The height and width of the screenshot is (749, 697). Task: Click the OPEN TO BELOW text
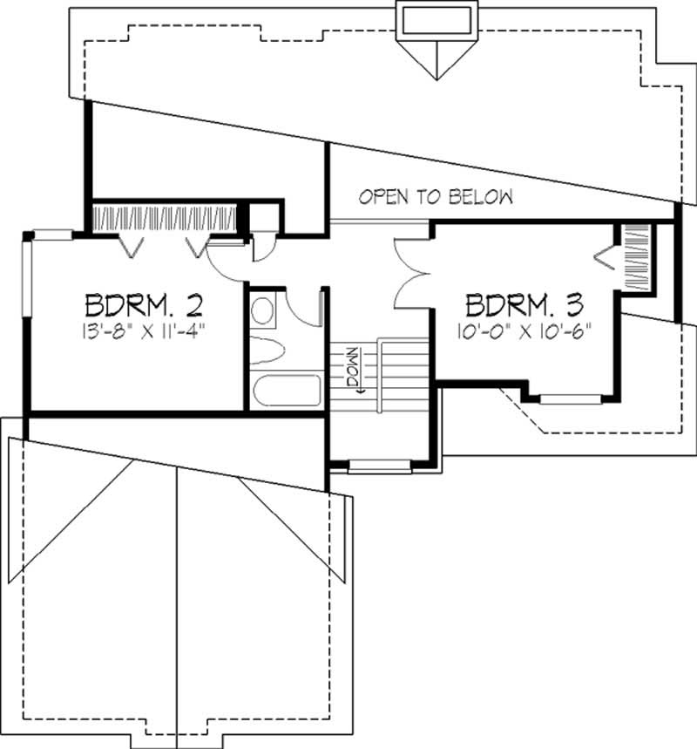click(436, 197)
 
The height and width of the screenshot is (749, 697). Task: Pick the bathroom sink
click(262, 310)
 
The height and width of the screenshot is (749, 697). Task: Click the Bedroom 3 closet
click(636, 258)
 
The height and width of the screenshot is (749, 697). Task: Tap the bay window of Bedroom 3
click(564, 399)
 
